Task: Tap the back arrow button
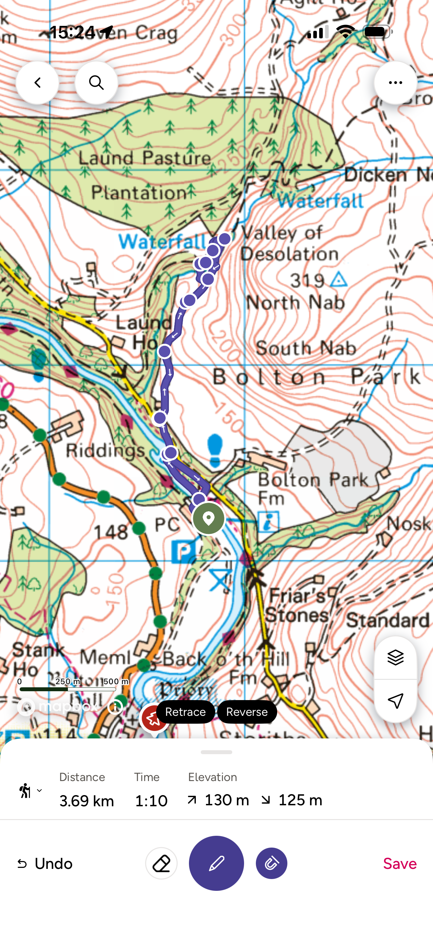37,83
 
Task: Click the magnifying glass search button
96,83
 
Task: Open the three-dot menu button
395,83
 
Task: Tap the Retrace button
185,712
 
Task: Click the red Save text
400,863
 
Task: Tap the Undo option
45,863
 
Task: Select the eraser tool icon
161,863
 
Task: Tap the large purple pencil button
216,863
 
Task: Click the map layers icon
395,657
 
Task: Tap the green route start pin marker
209,518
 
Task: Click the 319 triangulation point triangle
339,280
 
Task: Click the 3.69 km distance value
87,801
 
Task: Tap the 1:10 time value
151,801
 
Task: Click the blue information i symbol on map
268,521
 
